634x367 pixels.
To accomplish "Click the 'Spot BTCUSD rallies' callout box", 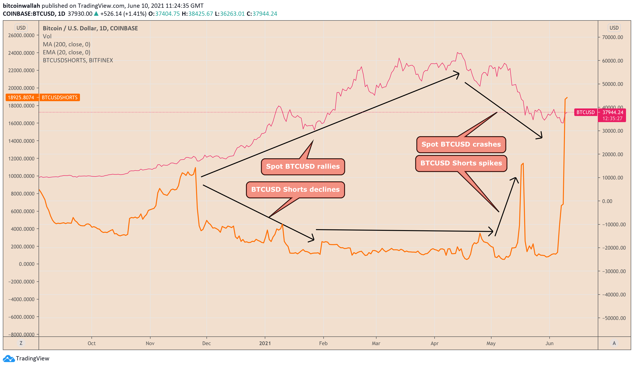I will tap(303, 166).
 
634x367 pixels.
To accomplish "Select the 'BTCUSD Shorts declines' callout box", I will tap(295, 190).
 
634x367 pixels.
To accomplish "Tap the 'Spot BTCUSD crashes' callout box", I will tap(461, 144).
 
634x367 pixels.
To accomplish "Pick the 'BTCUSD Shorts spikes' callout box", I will tap(461, 163).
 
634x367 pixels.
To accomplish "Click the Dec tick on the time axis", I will tap(206, 343).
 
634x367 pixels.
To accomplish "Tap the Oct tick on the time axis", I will tap(91, 343).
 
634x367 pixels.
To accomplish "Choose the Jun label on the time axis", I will tap(549, 343).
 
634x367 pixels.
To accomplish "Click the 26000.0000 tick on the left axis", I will tap(21, 36).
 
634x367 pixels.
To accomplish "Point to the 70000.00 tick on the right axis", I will tap(612, 37).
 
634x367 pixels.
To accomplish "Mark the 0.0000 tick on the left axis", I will tap(27, 264).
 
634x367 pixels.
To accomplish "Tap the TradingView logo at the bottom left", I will tap(26, 358).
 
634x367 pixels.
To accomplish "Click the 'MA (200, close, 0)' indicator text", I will tap(66, 44).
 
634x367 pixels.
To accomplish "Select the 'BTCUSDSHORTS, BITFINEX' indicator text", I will tap(78, 60).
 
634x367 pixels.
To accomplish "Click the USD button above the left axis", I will tap(21, 28).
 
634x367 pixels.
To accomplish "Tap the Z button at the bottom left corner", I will tap(21, 343).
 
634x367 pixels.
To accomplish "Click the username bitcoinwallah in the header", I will tap(21, 6).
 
